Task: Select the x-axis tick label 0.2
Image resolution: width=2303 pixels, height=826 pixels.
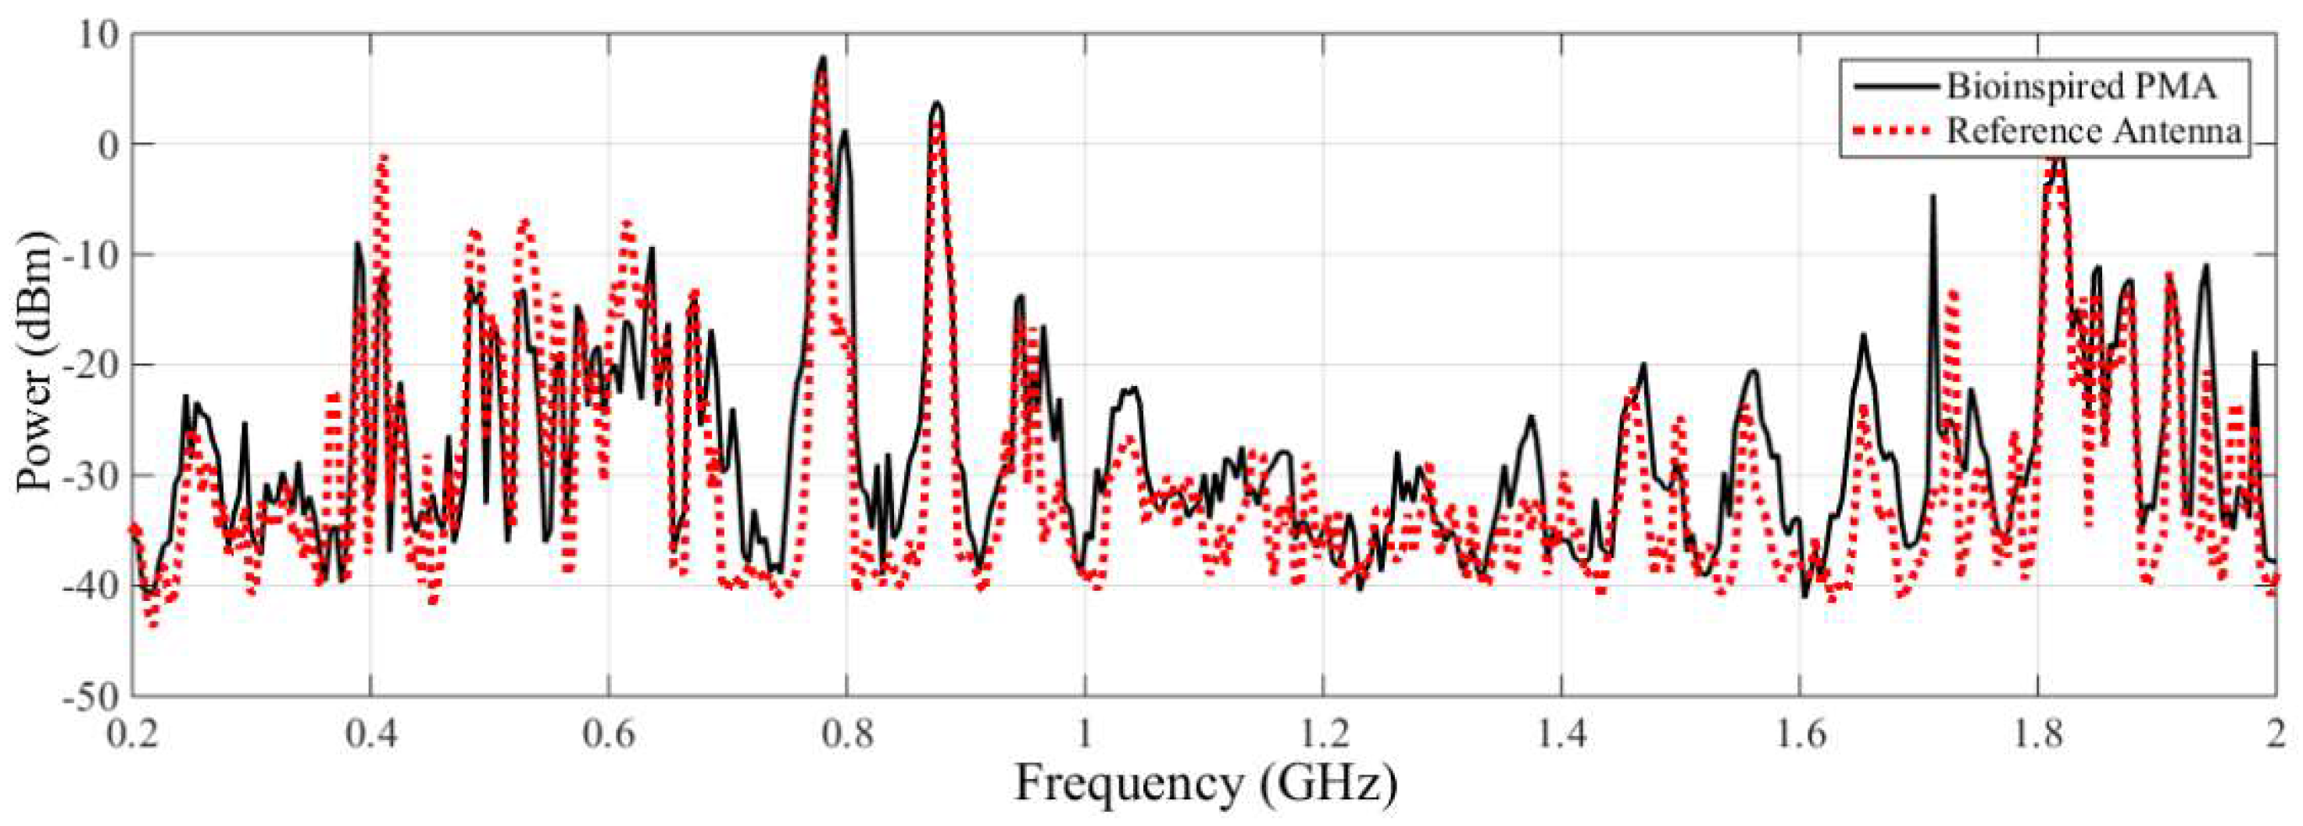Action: coord(133,734)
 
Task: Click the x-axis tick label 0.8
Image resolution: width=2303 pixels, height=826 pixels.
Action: coord(846,734)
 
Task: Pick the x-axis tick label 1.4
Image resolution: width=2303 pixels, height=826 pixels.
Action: coord(1560,734)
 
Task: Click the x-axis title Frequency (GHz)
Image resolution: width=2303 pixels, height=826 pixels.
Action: coord(1203,784)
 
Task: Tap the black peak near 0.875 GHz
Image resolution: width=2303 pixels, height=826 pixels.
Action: coord(936,104)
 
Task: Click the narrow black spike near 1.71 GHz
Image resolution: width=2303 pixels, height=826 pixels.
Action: coord(1933,197)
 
